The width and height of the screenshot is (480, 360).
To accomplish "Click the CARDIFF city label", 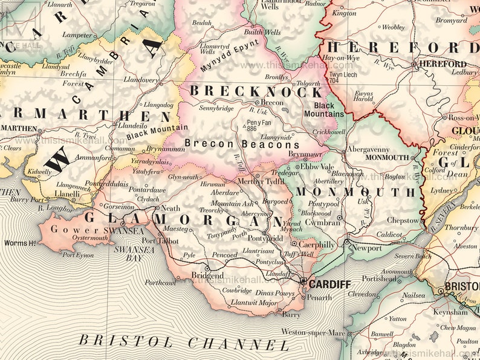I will pyautogui.click(x=329, y=283).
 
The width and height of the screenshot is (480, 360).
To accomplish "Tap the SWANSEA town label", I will pyautogui.click(x=124, y=230).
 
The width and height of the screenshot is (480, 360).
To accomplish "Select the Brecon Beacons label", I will pyautogui.click(x=242, y=144).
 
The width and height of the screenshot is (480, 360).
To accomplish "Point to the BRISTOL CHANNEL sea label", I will pyautogui.click(x=184, y=342).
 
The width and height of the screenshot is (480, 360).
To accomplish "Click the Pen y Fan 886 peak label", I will pyautogui.click(x=259, y=125).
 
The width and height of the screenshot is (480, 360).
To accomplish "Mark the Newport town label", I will pyautogui.click(x=366, y=248).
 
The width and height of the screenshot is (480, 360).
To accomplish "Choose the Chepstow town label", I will pyautogui.click(x=402, y=220).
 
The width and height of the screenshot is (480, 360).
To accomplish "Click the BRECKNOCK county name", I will pyautogui.click(x=256, y=92).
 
